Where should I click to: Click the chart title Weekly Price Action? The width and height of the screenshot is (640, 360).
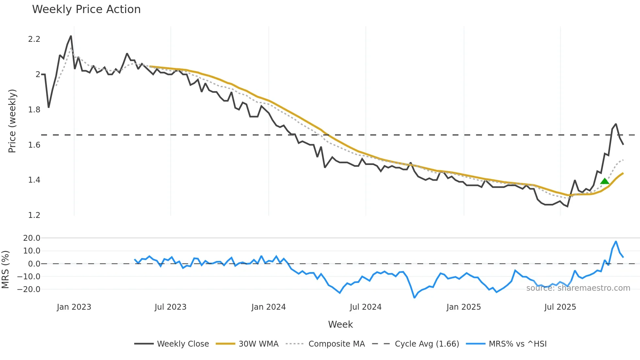(86, 9)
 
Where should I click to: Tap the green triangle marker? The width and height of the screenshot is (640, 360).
(604, 181)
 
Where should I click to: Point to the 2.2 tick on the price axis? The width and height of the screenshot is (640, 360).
(34, 39)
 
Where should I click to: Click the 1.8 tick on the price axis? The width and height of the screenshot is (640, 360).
(34, 110)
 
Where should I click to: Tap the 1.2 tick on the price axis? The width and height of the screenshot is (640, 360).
(34, 215)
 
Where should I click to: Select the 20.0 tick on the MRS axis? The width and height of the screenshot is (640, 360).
(32, 238)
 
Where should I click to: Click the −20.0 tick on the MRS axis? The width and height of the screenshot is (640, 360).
(29, 289)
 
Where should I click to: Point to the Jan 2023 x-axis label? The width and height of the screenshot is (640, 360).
(74, 307)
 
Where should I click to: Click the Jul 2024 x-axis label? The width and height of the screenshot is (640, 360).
(365, 307)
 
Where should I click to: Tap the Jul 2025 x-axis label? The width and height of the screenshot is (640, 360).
(560, 307)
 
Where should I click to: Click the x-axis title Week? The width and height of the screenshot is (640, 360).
(340, 324)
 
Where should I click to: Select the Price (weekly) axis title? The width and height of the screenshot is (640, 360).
(12, 121)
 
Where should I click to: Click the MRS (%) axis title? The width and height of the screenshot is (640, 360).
(5, 270)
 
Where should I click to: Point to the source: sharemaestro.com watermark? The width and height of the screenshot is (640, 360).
(578, 288)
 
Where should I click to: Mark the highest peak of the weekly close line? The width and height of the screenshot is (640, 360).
(71, 36)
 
